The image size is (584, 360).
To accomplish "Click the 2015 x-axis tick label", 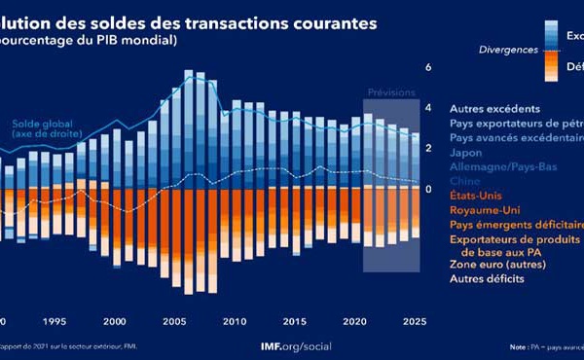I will click(293, 322).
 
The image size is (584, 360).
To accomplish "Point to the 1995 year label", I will click(55, 322).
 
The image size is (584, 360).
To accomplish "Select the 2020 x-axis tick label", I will click(353, 322).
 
